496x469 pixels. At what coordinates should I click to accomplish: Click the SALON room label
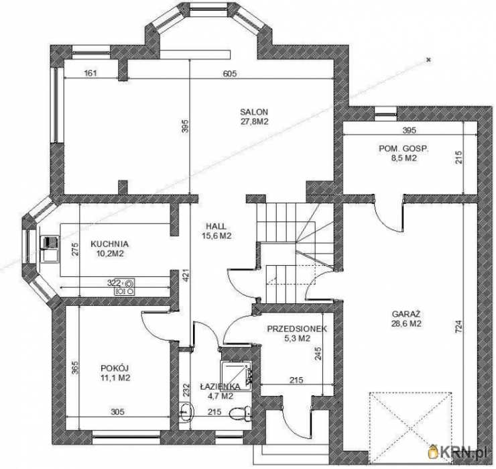coord(254,112)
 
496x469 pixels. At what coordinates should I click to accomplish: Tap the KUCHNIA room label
coord(109,244)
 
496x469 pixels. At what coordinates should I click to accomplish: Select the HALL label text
coord(216,226)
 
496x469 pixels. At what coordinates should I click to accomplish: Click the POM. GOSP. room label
coord(404,148)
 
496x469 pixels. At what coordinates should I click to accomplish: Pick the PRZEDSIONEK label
coord(297,329)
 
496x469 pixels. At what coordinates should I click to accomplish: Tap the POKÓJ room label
coord(115,368)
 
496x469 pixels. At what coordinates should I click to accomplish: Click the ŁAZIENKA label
coord(220,386)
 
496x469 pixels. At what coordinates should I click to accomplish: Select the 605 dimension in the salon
coord(230,73)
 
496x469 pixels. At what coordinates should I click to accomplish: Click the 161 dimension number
coord(90,73)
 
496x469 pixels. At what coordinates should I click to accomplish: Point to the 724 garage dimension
coord(459,327)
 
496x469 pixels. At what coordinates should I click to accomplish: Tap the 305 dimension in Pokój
coord(117,412)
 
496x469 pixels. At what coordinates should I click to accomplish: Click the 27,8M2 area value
coord(255,121)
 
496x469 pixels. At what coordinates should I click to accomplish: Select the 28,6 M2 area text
coord(406,323)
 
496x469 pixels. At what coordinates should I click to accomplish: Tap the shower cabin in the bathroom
coord(236,376)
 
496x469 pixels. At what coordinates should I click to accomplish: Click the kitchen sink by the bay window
coord(50,249)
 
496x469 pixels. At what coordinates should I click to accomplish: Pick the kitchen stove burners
coord(124,286)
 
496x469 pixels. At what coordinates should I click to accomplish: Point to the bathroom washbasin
coord(186,412)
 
